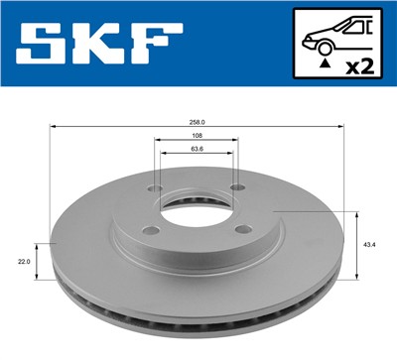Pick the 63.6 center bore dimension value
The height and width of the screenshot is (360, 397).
click(196, 150)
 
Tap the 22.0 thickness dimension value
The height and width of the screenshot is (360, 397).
click(25, 261)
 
